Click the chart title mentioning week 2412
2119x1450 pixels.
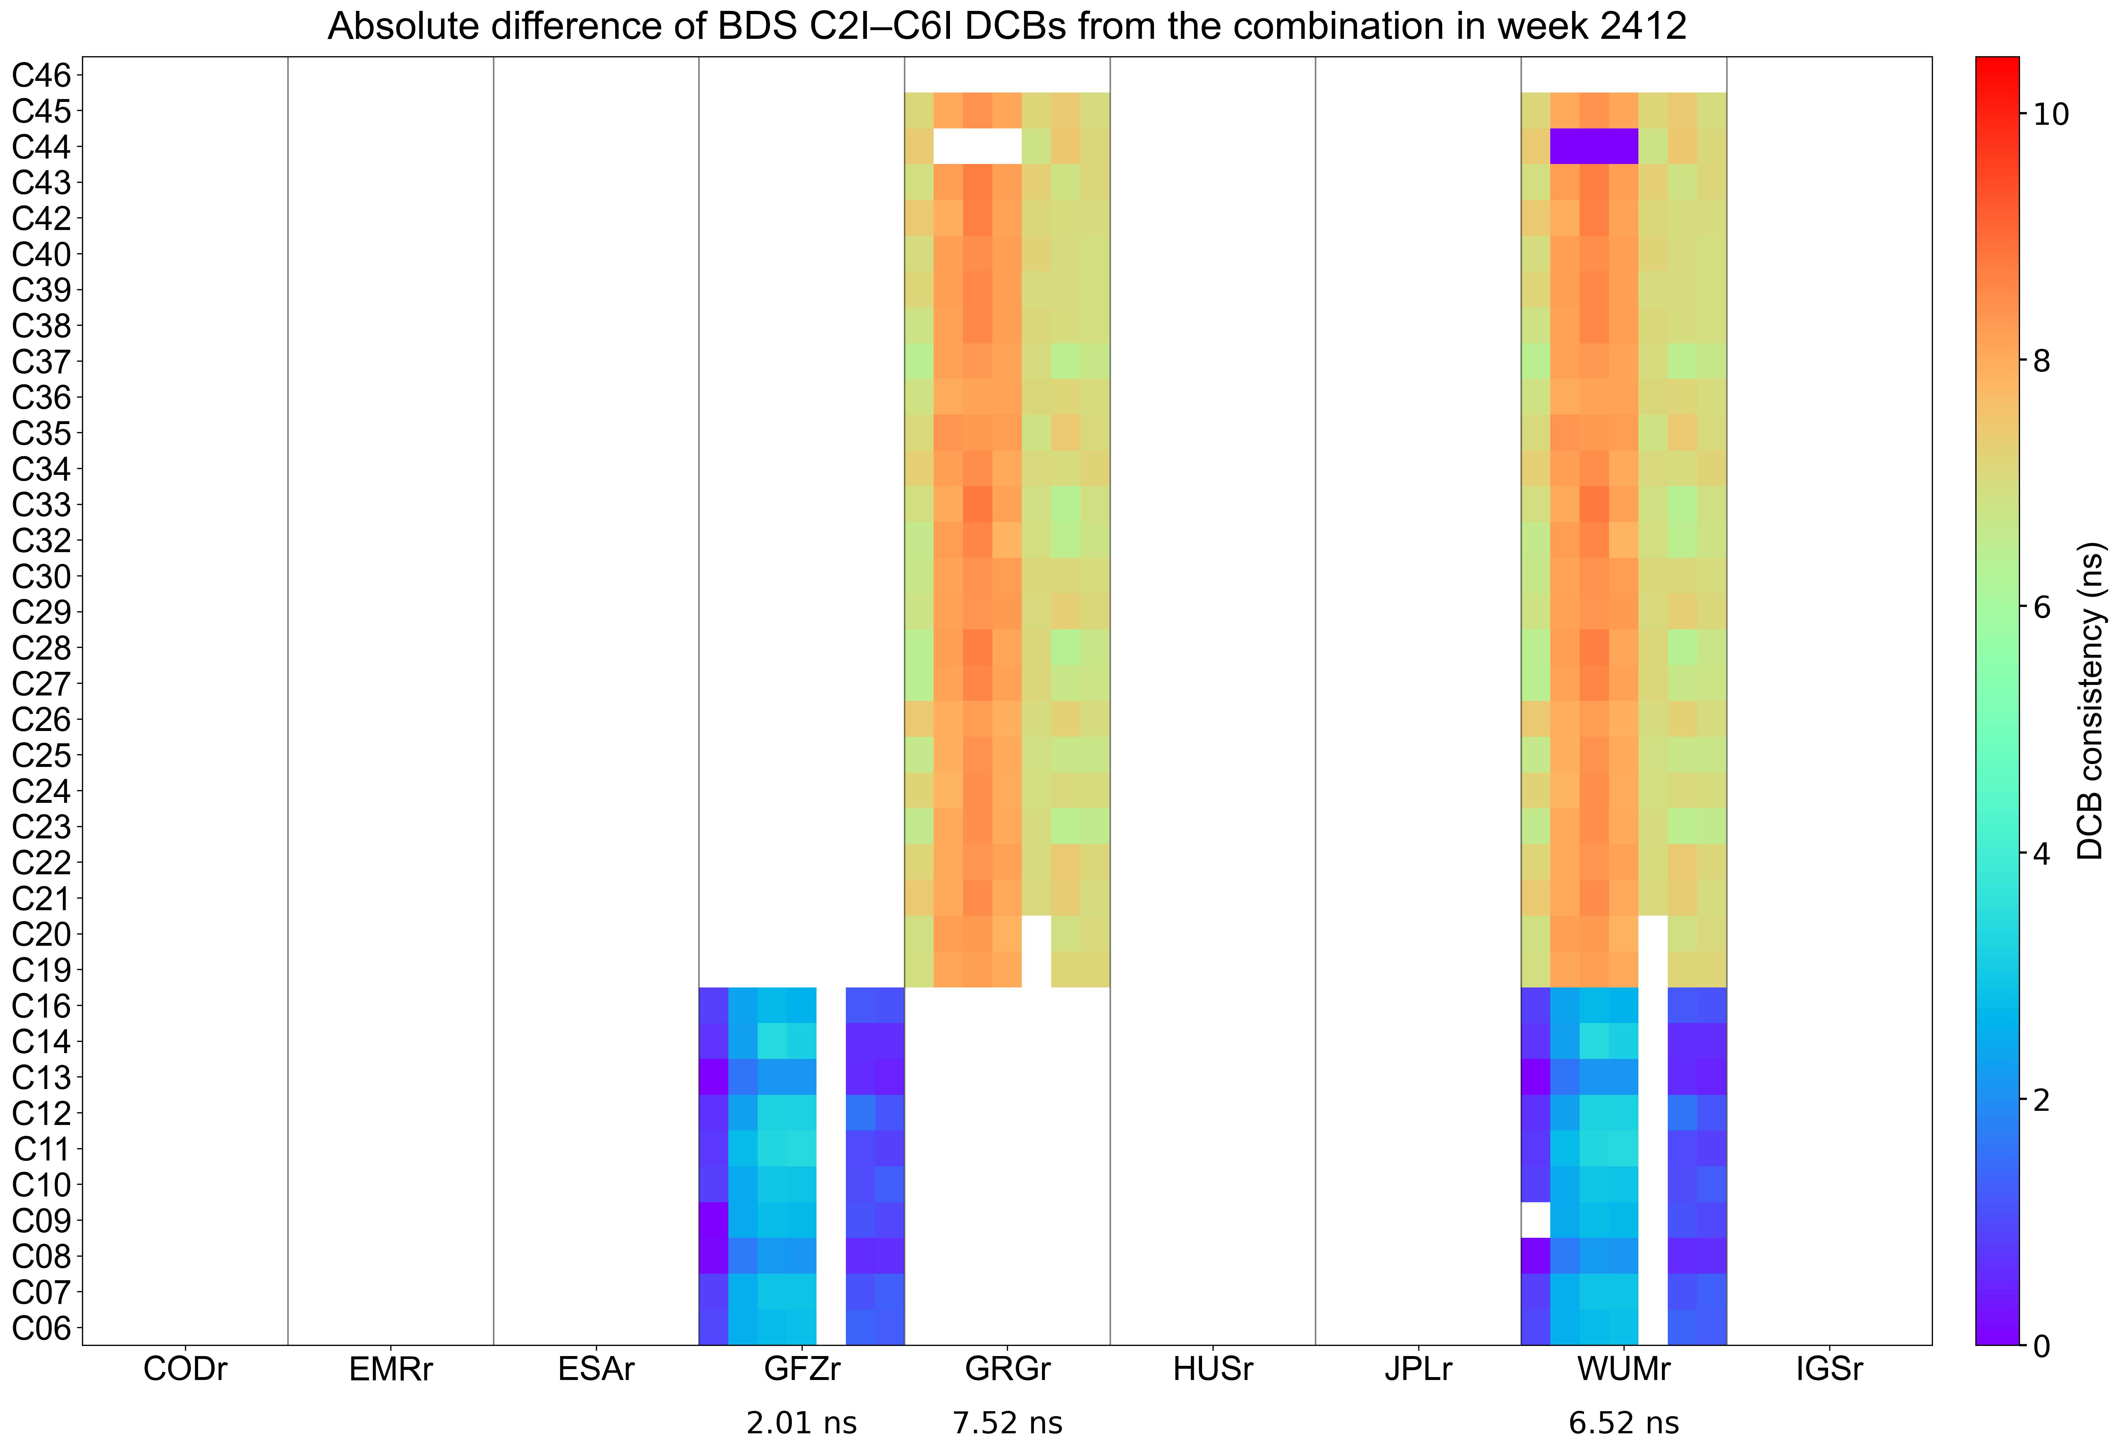pyautogui.click(x=1007, y=26)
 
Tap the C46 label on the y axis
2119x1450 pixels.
pyautogui.click(x=41, y=75)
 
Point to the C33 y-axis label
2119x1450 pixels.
pyautogui.click(x=41, y=504)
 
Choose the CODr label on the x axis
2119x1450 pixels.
pyautogui.click(x=185, y=1370)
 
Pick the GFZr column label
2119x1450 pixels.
pyautogui.click(x=802, y=1370)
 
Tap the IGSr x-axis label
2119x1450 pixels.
pyautogui.click(x=1829, y=1370)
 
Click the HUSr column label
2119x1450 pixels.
pyautogui.click(x=1213, y=1370)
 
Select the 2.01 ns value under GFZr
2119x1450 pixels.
pyautogui.click(x=802, y=1423)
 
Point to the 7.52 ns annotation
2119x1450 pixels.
pyautogui.click(x=1008, y=1423)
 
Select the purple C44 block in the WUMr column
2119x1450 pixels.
pyautogui.click(x=1594, y=146)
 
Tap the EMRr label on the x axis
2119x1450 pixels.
pyautogui.click(x=390, y=1370)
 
